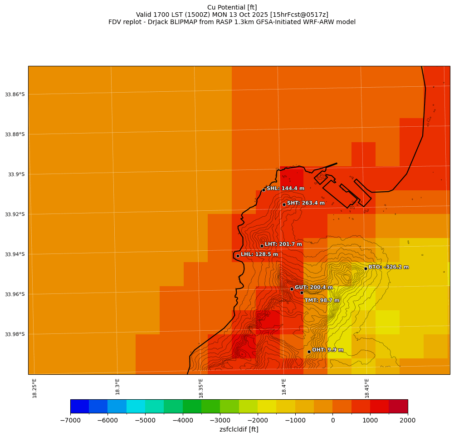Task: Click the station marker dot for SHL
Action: [x=264, y=190]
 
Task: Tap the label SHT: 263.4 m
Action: [x=306, y=203]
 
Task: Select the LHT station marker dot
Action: [x=262, y=246]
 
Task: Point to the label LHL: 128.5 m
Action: [x=259, y=254]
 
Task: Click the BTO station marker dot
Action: [x=366, y=268]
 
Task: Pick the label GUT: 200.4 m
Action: [x=313, y=288]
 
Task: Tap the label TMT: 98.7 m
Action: [x=322, y=300]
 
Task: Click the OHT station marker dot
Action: [x=309, y=352]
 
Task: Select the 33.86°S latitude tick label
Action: [x=15, y=94]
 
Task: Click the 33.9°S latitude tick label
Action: [x=16, y=174]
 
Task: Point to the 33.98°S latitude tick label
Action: [x=15, y=334]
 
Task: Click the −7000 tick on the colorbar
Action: [x=71, y=420]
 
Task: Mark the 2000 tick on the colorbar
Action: [x=407, y=420]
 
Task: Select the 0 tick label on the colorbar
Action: [x=332, y=420]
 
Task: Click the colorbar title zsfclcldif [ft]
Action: [x=239, y=429]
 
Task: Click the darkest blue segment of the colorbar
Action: [x=79, y=406]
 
